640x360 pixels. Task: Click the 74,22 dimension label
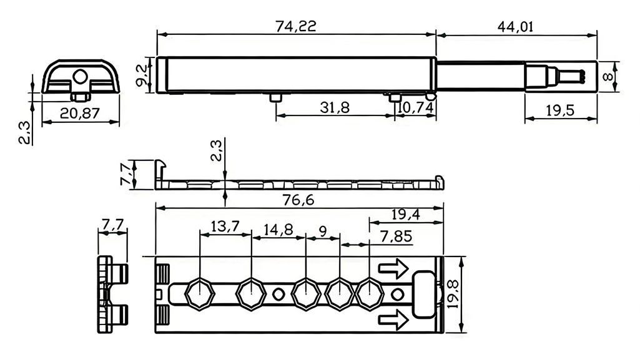pos(296,26)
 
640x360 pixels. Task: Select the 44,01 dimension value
pos(516,26)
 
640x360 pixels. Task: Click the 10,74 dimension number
pos(415,107)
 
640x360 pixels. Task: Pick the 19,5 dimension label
pos(561,112)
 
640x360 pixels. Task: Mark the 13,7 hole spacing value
pos(225,226)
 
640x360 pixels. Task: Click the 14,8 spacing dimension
pos(278,229)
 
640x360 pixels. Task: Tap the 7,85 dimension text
pos(396,237)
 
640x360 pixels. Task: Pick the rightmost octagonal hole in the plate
pos(369,292)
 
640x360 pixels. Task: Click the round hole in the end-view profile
pos(79,77)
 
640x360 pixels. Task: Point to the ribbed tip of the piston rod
pos(573,75)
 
